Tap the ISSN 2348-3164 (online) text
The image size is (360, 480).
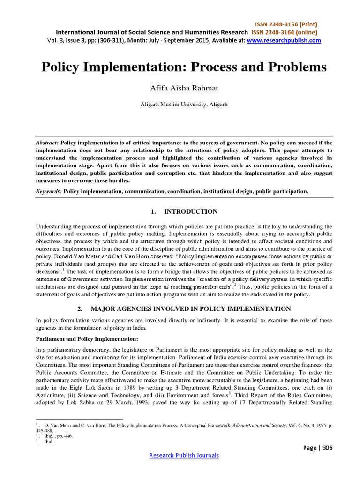pos(277,32)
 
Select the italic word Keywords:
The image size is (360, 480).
pos(49,191)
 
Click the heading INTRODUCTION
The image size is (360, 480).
pos(190,212)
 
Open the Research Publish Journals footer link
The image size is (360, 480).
pos(184,456)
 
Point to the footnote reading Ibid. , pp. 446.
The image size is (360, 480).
pos(58,435)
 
